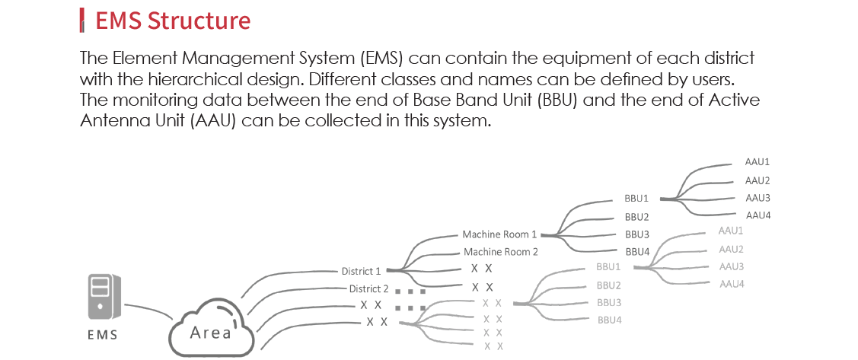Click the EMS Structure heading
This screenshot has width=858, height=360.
tap(173, 21)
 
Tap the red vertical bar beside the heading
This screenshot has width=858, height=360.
tap(82, 21)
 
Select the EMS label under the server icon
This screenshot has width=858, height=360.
tap(102, 334)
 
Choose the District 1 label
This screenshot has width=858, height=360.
tap(361, 271)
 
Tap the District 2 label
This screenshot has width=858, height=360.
tap(368, 288)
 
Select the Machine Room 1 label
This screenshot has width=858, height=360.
tap(499, 234)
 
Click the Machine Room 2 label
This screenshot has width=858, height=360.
tap(501, 252)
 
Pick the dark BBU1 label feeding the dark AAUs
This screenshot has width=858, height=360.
tap(636, 199)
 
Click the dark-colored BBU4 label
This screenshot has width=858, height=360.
tap(637, 252)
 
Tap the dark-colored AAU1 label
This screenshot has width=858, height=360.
tap(758, 162)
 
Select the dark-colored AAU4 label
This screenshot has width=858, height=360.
tap(758, 215)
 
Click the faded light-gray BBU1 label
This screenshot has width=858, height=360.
tap(608, 267)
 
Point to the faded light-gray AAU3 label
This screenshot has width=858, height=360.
tap(731, 266)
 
